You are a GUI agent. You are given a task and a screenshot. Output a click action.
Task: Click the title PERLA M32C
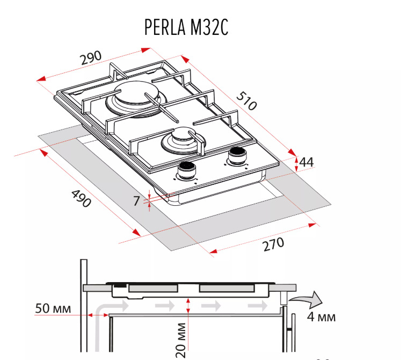[x=186, y=27]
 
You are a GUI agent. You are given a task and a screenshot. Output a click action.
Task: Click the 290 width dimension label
[x=91, y=58]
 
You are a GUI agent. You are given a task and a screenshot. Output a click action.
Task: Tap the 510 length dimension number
[x=246, y=101]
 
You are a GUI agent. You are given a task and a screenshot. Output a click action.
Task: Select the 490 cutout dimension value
[x=81, y=198]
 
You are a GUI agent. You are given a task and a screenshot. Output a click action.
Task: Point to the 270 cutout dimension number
[x=273, y=244]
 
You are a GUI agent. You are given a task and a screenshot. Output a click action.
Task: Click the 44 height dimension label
[x=306, y=162]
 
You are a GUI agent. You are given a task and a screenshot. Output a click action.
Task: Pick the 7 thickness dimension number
[x=136, y=201]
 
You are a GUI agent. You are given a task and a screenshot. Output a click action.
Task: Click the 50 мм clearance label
[x=53, y=308]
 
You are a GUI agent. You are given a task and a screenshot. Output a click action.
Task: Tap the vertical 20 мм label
[x=181, y=340]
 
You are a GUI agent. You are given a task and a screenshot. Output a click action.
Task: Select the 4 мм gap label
[x=321, y=316]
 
